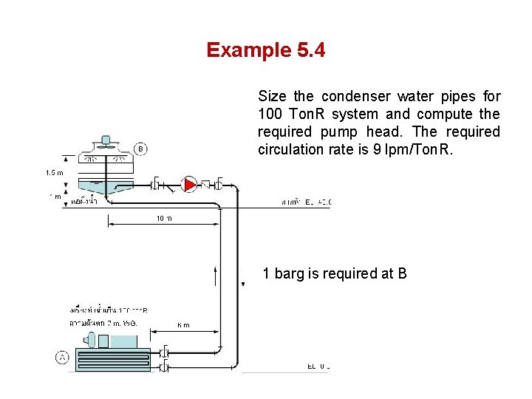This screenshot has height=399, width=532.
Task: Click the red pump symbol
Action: [x=190, y=184]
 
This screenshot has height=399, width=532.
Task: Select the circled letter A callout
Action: [x=62, y=358]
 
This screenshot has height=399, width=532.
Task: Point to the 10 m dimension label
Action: [x=163, y=218]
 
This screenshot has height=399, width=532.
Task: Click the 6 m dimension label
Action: [x=183, y=325]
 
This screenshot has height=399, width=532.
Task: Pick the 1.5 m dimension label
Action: [x=55, y=172]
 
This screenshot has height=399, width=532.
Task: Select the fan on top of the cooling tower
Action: [x=104, y=141]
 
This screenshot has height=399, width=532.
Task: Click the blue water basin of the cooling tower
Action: [x=104, y=185]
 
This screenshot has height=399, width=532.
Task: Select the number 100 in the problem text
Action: [x=270, y=114]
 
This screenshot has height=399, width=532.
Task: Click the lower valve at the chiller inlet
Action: [x=165, y=365]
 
